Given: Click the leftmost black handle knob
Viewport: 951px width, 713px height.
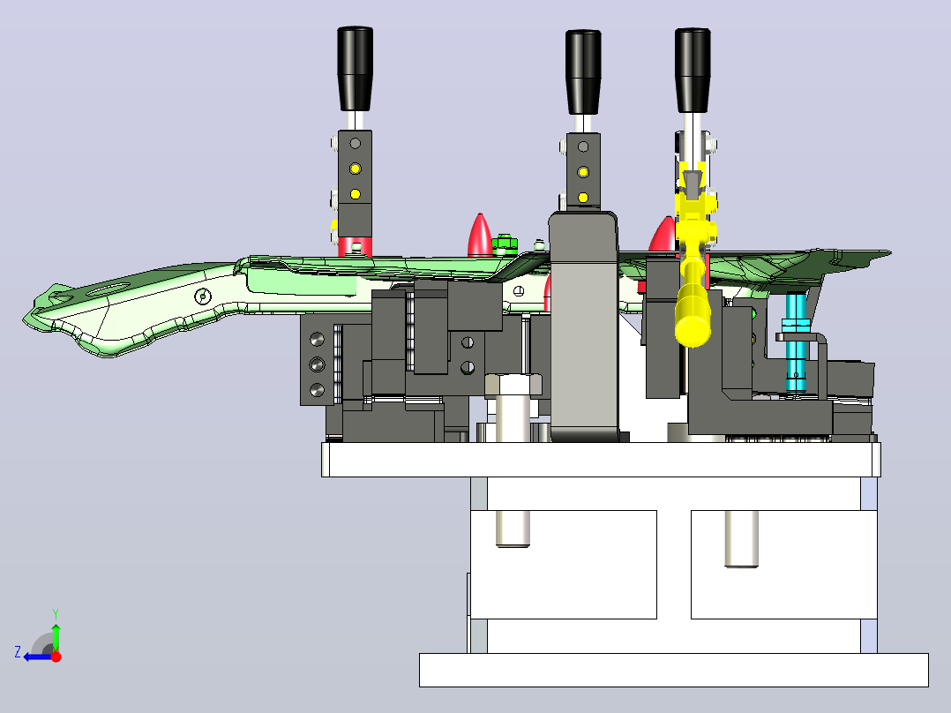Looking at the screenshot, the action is click(x=355, y=69).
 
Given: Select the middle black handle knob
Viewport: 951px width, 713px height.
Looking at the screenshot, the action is click(x=583, y=72).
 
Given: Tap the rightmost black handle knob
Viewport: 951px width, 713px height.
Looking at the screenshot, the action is click(x=693, y=70).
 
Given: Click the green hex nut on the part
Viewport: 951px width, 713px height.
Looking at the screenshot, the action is click(x=504, y=244).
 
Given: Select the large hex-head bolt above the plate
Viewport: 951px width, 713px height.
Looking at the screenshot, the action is click(x=513, y=407).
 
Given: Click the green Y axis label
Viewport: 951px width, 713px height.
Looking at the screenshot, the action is click(x=56, y=613).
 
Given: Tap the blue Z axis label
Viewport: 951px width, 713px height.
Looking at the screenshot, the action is click(x=18, y=652).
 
